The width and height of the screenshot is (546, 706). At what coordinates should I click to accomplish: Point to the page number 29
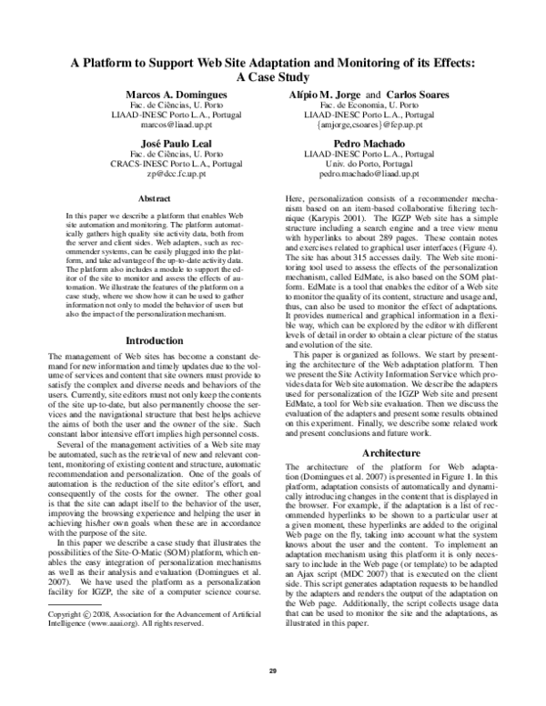[271, 671]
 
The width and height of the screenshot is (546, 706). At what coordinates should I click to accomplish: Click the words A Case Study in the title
[271, 78]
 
